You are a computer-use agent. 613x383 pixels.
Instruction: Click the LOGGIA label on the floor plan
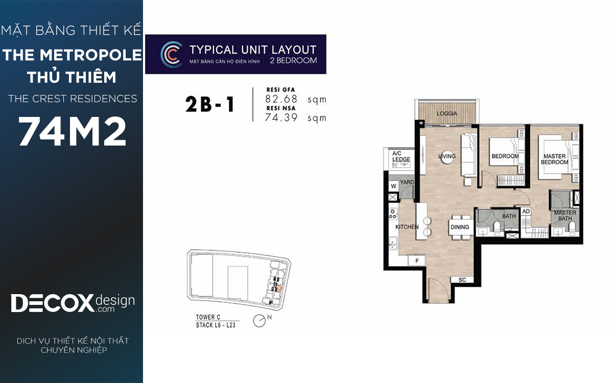tap(446, 113)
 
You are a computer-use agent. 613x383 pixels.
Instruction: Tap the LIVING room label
tap(447, 156)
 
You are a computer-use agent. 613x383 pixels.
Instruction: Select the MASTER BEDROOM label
tap(554, 159)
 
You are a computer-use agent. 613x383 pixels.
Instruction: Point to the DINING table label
tap(460, 227)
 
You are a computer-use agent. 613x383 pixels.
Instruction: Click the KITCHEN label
tap(407, 227)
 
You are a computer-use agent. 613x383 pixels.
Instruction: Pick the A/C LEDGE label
tap(401, 156)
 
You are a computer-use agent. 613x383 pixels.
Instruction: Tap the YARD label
tap(407, 182)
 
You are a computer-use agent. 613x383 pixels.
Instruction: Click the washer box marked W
tap(393, 186)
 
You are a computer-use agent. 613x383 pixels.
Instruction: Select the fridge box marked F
tap(417, 261)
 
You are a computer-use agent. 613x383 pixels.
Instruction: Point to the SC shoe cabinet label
tap(462, 280)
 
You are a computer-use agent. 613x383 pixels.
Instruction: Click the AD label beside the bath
tap(526, 211)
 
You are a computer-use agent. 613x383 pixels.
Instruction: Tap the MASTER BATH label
tap(565, 216)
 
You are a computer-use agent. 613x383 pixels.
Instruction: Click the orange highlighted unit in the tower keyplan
tap(278, 289)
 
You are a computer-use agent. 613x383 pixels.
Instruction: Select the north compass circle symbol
tap(259, 321)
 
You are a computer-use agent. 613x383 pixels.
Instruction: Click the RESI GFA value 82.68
tap(281, 99)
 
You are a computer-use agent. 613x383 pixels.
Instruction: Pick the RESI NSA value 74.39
tap(281, 117)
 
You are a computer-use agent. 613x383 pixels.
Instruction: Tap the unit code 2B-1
tap(210, 105)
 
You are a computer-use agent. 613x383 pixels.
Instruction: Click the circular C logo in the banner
tap(171, 55)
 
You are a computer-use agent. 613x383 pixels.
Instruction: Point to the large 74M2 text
tap(72, 131)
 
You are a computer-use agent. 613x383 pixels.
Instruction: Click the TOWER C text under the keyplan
tap(208, 317)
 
